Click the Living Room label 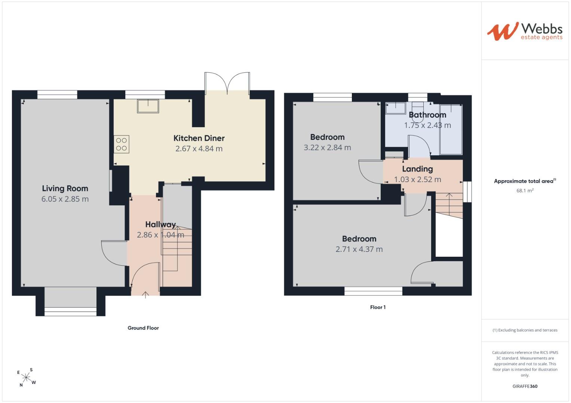point(65,188)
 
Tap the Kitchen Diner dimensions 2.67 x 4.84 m point(199,149)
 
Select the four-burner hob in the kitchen point(121,144)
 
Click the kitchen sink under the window point(148,106)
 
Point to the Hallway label point(160,224)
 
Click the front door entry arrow point(145,295)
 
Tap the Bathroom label point(427,115)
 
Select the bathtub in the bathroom point(451,129)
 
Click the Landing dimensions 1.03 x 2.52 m point(418,179)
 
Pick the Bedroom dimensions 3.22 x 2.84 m point(327,147)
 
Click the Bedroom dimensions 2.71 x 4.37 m point(359,249)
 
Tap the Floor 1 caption point(378,307)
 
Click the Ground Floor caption point(143,328)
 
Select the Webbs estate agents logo point(525,32)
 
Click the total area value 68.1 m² point(525,191)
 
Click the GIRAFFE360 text point(525,386)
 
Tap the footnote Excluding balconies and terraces point(525,330)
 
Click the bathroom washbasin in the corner point(396,108)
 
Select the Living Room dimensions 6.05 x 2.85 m point(65,199)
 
